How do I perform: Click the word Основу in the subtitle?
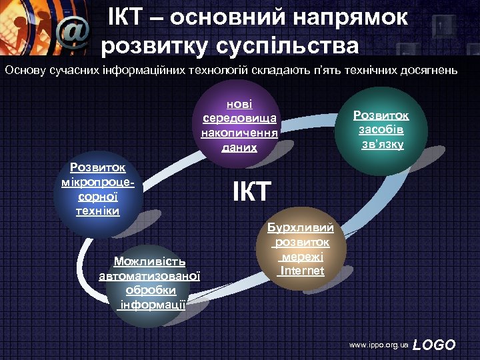coord(25,69)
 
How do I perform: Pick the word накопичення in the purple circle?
coord(239,132)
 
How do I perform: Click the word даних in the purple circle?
coord(239,146)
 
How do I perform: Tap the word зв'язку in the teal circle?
coord(381,143)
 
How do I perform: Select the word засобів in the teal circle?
coord(381,129)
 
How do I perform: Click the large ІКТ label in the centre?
coord(252,192)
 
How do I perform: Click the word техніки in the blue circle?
coord(98,211)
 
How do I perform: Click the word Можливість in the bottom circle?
coord(150,261)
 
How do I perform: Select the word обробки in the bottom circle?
coord(150,290)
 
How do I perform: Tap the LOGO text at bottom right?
coord(434,345)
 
